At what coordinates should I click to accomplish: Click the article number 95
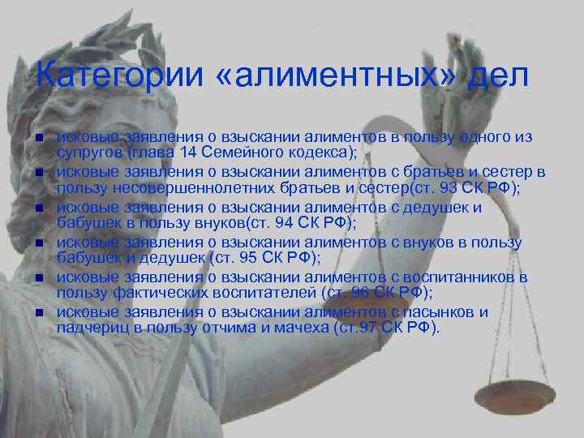pos(253,258)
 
